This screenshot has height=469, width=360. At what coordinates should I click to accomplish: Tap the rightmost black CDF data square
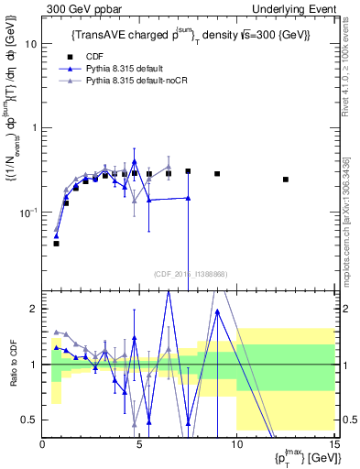(x=286, y=180)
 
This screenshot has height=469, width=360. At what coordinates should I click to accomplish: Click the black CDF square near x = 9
(x=217, y=173)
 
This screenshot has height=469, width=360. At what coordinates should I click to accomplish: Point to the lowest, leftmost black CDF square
(x=56, y=244)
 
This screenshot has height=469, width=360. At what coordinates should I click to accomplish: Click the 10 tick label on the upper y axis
(x=32, y=44)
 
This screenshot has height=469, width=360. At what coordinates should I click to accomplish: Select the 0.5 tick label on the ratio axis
(x=31, y=420)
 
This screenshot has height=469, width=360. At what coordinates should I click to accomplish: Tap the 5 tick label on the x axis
(x=139, y=445)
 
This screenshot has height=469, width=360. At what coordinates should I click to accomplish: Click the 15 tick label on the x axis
(x=333, y=445)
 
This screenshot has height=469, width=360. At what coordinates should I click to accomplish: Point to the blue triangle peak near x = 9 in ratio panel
(x=217, y=311)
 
